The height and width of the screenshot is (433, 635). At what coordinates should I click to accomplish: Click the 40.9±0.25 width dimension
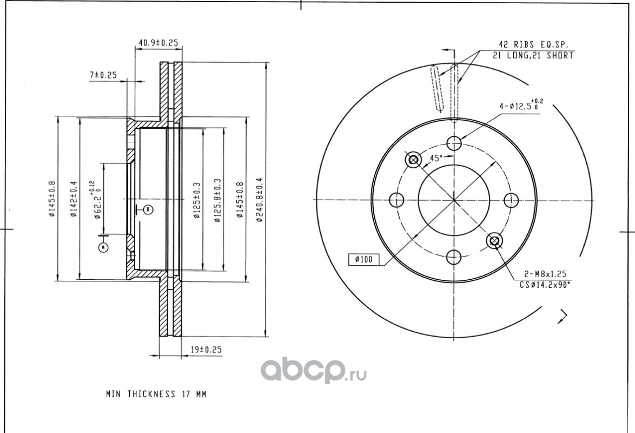[158, 43]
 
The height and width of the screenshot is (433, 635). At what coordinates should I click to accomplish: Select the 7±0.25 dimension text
[103, 75]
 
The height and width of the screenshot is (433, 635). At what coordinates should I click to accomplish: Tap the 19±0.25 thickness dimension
[206, 350]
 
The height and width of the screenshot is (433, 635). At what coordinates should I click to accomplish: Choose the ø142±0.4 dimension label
[74, 199]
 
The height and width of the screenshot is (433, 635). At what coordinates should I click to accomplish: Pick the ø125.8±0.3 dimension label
[217, 200]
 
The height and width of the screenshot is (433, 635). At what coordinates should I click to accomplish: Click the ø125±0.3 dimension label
[197, 200]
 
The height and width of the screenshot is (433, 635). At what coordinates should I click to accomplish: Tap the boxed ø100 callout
[363, 259]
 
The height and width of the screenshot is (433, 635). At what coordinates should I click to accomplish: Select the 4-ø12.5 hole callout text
[521, 106]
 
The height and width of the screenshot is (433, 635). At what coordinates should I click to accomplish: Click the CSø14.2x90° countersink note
[545, 285]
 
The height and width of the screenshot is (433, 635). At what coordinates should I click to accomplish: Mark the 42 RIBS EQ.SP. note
[533, 44]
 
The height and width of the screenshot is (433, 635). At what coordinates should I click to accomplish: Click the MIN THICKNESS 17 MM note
[156, 393]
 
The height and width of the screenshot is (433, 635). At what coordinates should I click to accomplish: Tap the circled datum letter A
[104, 247]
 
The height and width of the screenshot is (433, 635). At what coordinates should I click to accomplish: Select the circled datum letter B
[148, 209]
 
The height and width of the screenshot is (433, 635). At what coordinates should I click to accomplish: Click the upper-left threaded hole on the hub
[413, 160]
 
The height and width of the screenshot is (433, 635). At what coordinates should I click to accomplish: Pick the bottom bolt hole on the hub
[454, 257]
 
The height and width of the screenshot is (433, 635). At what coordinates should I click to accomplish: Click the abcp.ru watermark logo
[314, 370]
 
